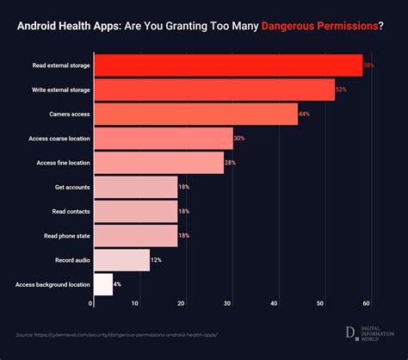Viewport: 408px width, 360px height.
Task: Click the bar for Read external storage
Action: (227, 65)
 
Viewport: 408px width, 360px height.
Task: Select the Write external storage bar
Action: (213, 90)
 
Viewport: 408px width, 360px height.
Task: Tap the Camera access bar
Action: (195, 114)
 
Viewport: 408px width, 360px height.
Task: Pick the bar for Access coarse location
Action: (163, 138)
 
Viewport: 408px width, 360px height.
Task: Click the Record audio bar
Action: (121, 260)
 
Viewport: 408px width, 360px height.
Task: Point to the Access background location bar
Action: (102, 284)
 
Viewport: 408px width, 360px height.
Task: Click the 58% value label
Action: (368, 65)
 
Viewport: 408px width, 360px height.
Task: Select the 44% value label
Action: (305, 115)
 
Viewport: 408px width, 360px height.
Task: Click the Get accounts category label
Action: (66, 187)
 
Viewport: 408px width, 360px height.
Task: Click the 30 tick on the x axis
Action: (229, 303)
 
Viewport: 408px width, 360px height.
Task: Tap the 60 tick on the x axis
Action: (367, 303)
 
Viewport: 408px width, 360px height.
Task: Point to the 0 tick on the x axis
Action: (91, 303)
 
